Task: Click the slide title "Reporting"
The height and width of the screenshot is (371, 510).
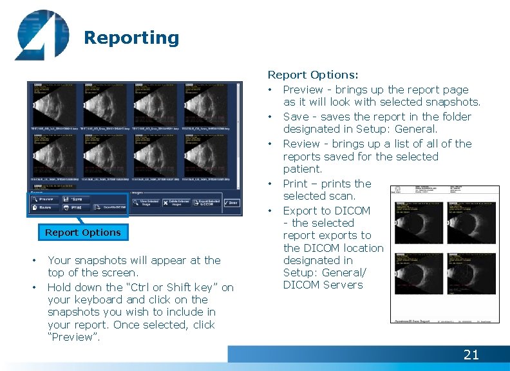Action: pyautogui.click(x=131, y=38)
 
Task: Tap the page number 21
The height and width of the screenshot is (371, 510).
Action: pyautogui.click(x=471, y=354)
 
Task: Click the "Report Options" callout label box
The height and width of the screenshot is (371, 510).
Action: pyautogui.click(x=82, y=233)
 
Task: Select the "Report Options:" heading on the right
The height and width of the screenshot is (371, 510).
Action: pyautogui.click(x=313, y=75)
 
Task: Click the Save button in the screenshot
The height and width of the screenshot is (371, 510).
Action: pyautogui.click(x=77, y=199)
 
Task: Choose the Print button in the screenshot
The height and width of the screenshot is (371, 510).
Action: pyautogui.click(x=77, y=208)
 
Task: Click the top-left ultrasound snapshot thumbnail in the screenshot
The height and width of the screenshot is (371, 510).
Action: pyautogui.click(x=53, y=104)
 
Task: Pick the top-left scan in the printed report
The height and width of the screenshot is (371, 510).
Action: pyautogui.click(x=419, y=222)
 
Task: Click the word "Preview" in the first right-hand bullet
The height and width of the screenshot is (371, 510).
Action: pyautogui.click(x=303, y=90)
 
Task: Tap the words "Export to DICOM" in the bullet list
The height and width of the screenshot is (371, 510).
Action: pyautogui.click(x=326, y=211)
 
